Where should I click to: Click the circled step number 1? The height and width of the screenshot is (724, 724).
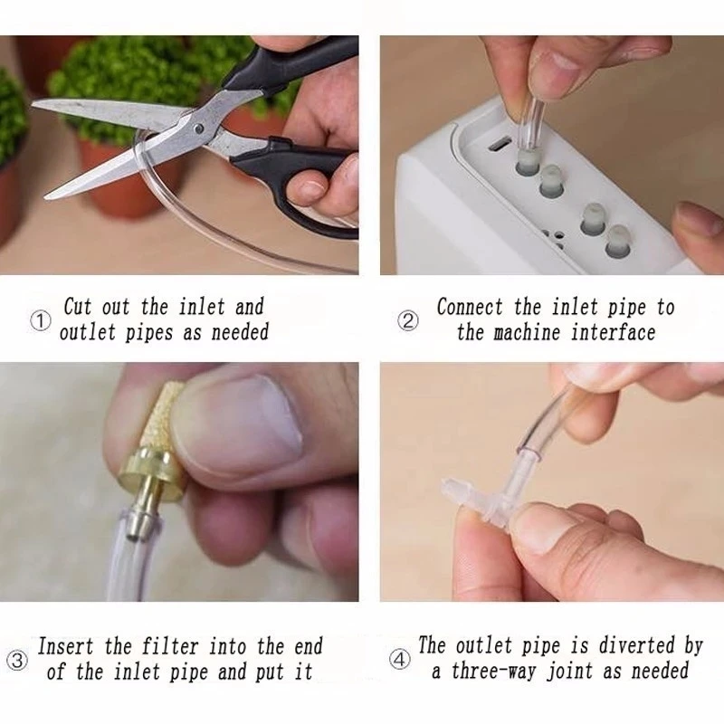point(41,320)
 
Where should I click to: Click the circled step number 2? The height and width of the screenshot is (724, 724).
point(410,320)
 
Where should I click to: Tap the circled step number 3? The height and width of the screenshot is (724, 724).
point(18,660)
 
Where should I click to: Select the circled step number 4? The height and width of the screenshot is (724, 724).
point(399,660)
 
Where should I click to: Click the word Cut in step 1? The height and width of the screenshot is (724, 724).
point(78,307)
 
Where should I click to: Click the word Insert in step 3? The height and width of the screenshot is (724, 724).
point(69,647)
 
